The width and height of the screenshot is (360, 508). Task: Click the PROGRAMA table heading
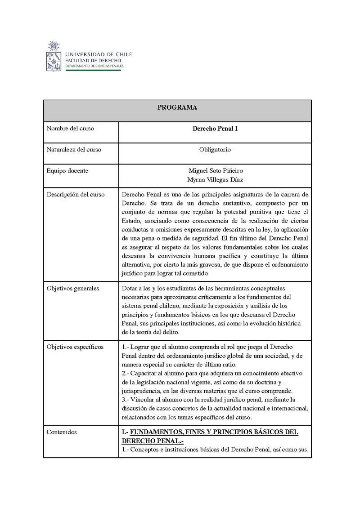tap(177, 107)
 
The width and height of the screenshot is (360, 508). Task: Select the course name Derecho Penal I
tap(215, 129)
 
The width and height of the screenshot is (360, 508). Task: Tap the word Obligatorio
tap(215, 150)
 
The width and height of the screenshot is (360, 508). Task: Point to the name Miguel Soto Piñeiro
tap(216, 171)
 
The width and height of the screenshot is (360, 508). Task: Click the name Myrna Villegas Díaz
tap(216, 179)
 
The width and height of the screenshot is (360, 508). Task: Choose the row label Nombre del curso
tap(70, 129)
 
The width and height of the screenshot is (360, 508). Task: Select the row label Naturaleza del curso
tap(74, 150)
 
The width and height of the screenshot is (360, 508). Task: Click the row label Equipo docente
tap(67, 171)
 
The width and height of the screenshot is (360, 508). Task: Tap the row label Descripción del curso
tap(76, 195)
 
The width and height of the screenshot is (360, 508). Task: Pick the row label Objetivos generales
tap(73, 288)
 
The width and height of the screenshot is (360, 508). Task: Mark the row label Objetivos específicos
tap(75, 347)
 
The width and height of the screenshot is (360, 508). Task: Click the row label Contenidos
tap(62, 432)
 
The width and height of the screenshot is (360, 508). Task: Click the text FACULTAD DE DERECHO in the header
tap(93, 60)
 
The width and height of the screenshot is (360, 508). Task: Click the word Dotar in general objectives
tap(130, 288)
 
